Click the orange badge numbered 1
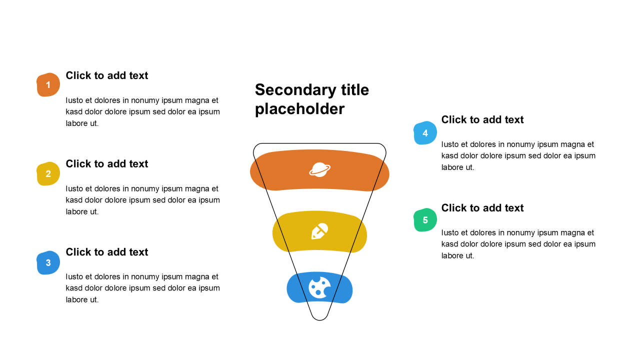pyautogui.click(x=48, y=84)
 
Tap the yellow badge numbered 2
pyautogui.click(x=48, y=173)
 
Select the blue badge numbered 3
pyautogui.click(x=48, y=262)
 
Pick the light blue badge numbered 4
pyautogui.click(x=425, y=133)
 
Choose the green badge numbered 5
pyautogui.click(x=425, y=219)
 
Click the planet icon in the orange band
pyautogui.click(x=319, y=169)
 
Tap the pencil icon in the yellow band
pyautogui.click(x=319, y=231)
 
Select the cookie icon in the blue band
pyautogui.click(x=319, y=287)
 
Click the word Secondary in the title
pyautogui.click(x=295, y=90)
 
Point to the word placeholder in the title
pyautogui.click(x=299, y=109)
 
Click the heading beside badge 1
pyautogui.click(x=107, y=75)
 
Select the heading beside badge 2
pyautogui.click(x=107, y=163)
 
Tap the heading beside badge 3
pyautogui.click(x=107, y=252)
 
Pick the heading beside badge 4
pyautogui.click(x=482, y=119)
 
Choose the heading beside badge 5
pyautogui.click(x=482, y=207)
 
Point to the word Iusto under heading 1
pyautogui.click(x=74, y=100)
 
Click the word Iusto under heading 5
pyautogui.click(x=450, y=232)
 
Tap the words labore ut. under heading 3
pyautogui.click(x=82, y=299)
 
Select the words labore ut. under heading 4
pyautogui.click(x=458, y=167)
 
